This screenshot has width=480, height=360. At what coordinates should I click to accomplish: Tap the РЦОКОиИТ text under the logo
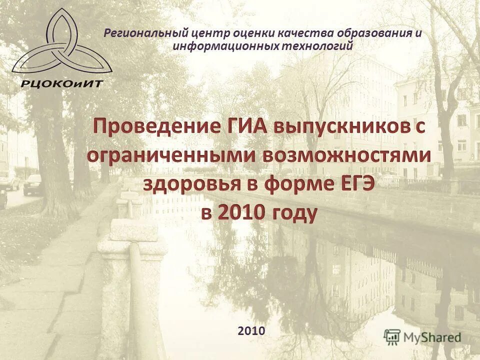pyautogui.click(x=61, y=83)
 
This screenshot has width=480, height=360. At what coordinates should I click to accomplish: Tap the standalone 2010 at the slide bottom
pyautogui.click(x=251, y=330)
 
